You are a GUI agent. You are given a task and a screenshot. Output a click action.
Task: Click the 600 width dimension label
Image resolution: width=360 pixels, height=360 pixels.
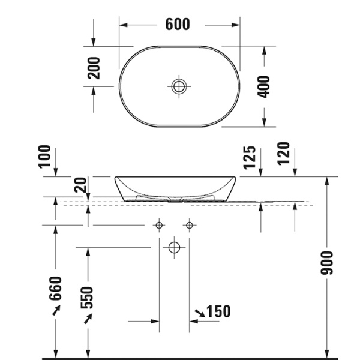[x=178, y=24]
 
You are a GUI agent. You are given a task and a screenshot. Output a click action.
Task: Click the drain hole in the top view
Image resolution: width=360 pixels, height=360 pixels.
[x=178, y=86]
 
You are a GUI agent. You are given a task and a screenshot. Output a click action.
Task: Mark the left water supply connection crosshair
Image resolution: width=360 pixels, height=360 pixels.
[x=159, y=226]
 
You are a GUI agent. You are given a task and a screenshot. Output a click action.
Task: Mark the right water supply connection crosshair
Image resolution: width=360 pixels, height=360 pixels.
[x=190, y=226]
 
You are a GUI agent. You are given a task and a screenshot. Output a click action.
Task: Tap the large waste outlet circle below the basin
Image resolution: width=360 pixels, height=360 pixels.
[x=174, y=247]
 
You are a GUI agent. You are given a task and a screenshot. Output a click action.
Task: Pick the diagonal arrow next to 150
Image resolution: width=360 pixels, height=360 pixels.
[x=199, y=312]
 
